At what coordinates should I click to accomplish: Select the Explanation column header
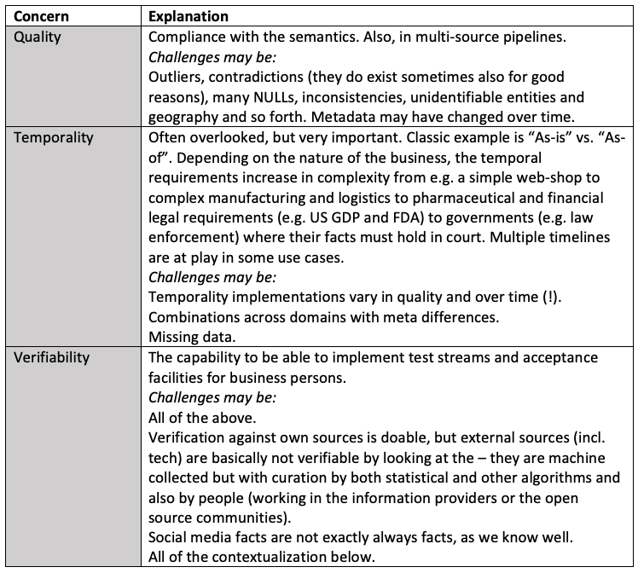click(x=187, y=16)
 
